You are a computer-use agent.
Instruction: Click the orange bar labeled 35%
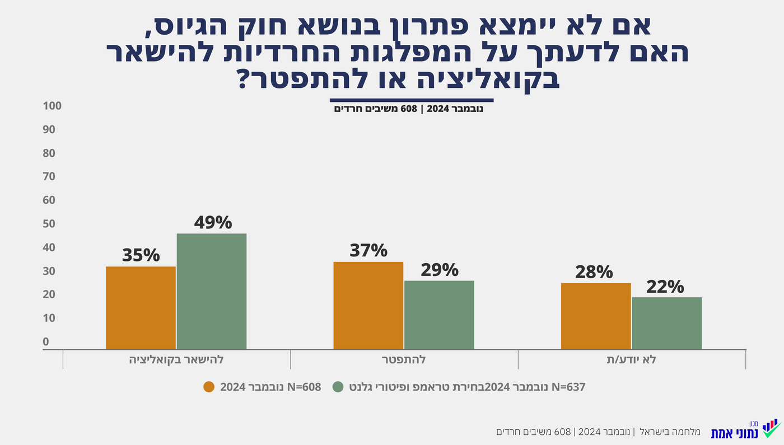point(141,308)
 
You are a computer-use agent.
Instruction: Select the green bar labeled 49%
point(212,292)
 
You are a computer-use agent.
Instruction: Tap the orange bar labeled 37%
point(368,306)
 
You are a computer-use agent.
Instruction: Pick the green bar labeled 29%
point(439,315)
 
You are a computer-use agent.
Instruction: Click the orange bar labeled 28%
point(596,316)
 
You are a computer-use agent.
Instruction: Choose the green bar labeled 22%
point(666,324)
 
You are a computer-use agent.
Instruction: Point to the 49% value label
point(213,222)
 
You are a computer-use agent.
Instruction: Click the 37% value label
point(368,250)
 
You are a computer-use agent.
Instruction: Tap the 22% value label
point(665,287)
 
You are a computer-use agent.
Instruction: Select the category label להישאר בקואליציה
point(176,360)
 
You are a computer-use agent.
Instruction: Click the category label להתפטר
point(404,360)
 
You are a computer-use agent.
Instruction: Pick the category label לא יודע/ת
point(632,360)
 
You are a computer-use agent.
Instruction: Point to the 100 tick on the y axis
point(52,106)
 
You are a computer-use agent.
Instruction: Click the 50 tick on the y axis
point(49,224)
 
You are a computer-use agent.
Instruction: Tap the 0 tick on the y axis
point(46,341)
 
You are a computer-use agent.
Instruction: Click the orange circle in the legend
point(209,387)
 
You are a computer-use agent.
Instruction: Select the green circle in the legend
point(338,387)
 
